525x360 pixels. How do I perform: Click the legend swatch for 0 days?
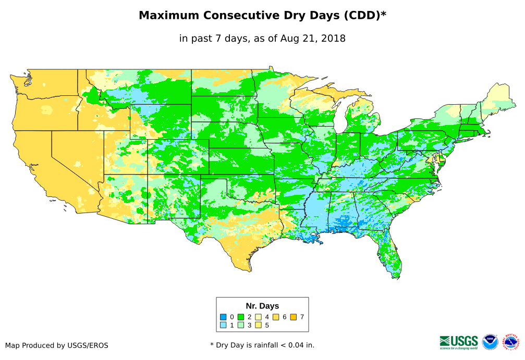click(223, 317)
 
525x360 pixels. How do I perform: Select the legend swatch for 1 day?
click(223, 325)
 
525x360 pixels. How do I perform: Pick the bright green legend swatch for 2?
click(241, 317)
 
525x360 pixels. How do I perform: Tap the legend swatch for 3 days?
click(241, 325)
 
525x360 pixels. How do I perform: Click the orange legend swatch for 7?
click(293, 317)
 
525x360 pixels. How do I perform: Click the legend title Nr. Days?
click(262, 306)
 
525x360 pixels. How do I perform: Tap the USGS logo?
click(459, 342)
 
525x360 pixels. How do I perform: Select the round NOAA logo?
click(490, 342)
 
